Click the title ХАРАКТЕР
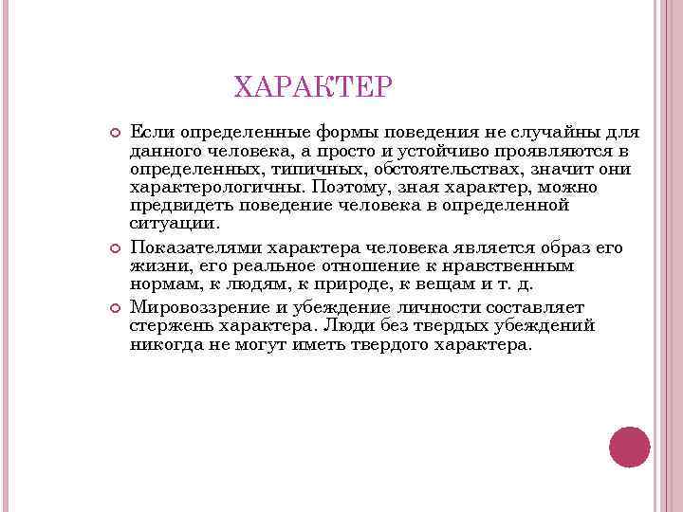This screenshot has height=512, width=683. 312,88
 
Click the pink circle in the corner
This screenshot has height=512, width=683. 629,447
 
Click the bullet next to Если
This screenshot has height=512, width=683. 114,131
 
